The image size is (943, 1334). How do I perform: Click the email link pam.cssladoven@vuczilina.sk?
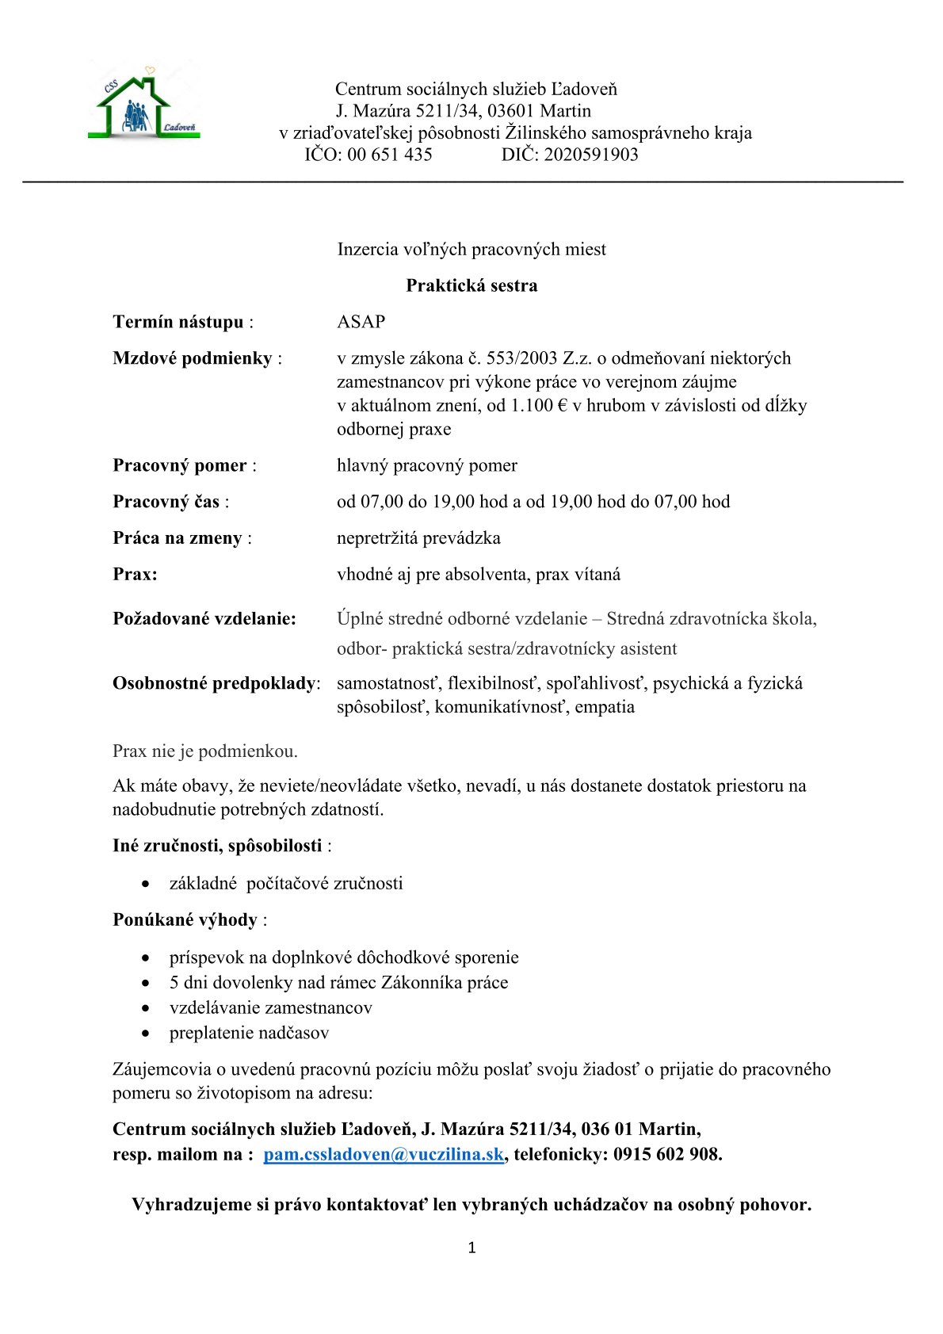pyautogui.click(x=384, y=1154)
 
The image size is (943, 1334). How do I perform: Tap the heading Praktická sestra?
pyautogui.click(x=471, y=285)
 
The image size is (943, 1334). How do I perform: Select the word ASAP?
pyautogui.click(x=361, y=322)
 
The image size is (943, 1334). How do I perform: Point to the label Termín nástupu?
pyautogui.click(x=178, y=322)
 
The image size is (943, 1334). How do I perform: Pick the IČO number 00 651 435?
pyautogui.click(x=390, y=155)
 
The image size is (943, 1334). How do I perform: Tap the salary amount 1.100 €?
pyautogui.click(x=540, y=406)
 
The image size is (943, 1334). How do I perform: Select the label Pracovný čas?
pyautogui.click(x=166, y=502)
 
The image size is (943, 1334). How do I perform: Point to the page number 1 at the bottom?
pyautogui.click(x=472, y=1248)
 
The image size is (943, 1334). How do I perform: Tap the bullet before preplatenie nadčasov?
pyautogui.click(x=146, y=1034)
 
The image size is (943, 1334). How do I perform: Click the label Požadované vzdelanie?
pyautogui.click(x=204, y=618)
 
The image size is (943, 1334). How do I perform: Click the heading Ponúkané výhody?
pyautogui.click(x=185, y=919)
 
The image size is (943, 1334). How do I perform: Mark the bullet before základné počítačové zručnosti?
pyautogui.click(x=146, y=884)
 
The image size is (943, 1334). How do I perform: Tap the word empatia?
pyautogui.click(x=605, y=707)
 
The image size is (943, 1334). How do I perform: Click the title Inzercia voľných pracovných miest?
pyautogui.click(x=471, y=249)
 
